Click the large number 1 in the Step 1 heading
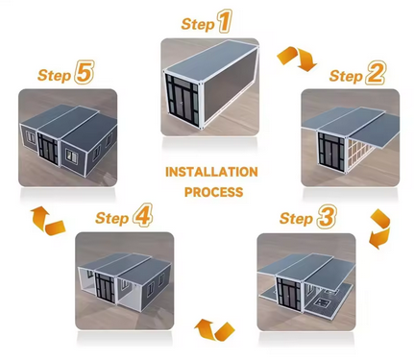pos(225,21)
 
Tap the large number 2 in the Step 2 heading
pos(376,74)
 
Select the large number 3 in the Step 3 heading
pos(327,217)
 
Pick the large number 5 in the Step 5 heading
pos(84,72)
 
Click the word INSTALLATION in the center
pos(211,172)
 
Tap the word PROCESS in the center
pos(213,192)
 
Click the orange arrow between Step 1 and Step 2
pos(296,59)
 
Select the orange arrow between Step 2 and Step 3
pos(380,228)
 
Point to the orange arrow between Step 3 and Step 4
pos(214,330)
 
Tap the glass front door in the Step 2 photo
pos(331,152)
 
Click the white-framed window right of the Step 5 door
pos(72,156)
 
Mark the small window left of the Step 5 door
pos(31,137)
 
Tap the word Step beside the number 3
pos(296,219)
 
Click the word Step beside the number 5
pos(54,75)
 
